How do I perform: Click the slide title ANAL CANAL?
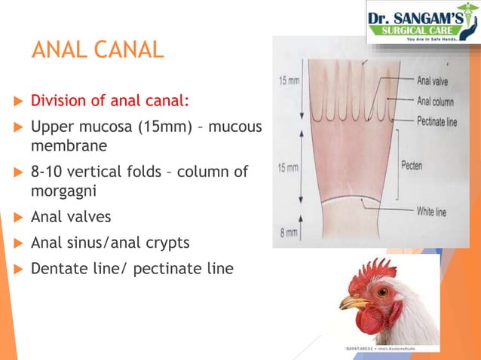pos(97,50)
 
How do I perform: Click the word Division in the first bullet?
pos(57,100)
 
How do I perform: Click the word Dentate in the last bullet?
pos(57,267)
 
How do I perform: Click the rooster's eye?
pos(384,290)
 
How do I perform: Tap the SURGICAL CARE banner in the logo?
pos(423,30)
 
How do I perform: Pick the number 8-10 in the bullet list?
pos(47,171)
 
